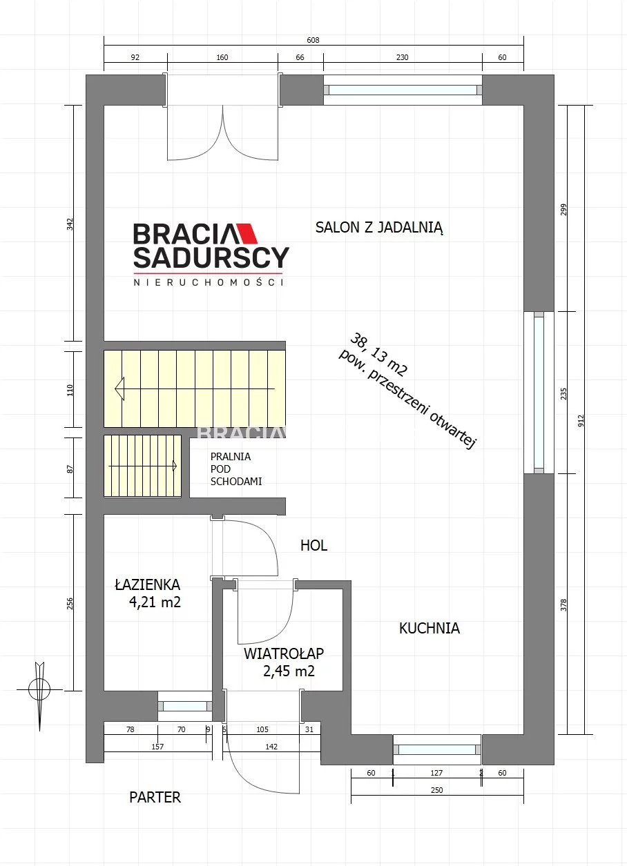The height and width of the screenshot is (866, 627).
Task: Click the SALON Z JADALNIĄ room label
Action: pyautogui.click(x=379, y=228)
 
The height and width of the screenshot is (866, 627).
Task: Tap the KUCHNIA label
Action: pyautogui.click(x=430, y=628)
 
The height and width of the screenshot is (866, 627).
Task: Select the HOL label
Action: pyautogui.click(x=313, y=546)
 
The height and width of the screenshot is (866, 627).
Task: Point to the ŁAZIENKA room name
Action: pyautogui.click(x=148, y=584)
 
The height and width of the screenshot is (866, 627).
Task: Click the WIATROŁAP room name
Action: pyautogui.click(x=284, y=653)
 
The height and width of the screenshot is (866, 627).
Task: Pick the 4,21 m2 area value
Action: pyautogui.click(x=155, y=602)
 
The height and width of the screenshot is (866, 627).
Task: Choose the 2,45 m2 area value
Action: pyautogui.click(x=289, y=671)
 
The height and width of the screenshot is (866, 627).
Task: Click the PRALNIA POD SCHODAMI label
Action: pyautogui.click(x=236, y=469)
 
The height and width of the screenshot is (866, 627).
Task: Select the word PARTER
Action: pyautogui.click(x=155, y=798)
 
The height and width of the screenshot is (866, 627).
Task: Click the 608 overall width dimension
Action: pyautogui.click(x=313, y=40)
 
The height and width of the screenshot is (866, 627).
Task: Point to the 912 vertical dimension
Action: pyautogui.click(x=581, y=421)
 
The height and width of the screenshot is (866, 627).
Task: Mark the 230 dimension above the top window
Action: pyautogui.click(x=403, y=57)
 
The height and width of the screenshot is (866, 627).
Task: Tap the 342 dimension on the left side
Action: pyautogui.click(x=70, y=224)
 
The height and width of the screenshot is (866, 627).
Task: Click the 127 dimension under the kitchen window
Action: pyautogui.click(x=436, y=773)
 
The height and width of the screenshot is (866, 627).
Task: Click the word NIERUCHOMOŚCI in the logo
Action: pyautogui.click(x=209, y=282)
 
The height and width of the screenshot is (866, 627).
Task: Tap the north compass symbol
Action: pyautogui.click(x=39, y=689)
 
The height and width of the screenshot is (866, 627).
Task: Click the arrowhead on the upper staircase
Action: pyautogui.click(x=119, y=388)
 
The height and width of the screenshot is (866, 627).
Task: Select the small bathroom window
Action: pyautogui.click(x=185, y=707)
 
